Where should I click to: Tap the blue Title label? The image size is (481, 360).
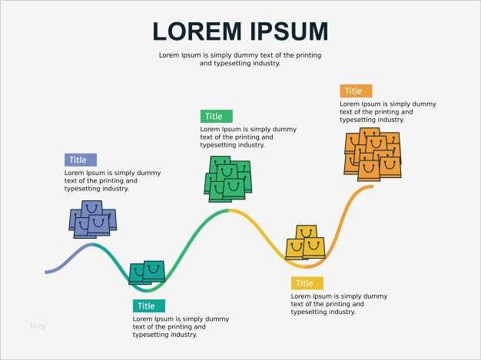80,160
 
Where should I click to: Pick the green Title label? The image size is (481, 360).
216,116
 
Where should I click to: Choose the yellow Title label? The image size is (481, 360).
307,283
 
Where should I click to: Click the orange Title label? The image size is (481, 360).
355,91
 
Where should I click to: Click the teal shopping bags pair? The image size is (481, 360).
147,271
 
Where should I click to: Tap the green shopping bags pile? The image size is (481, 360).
228,179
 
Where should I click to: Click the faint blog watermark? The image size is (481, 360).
38,325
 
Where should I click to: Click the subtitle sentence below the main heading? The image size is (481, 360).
240,59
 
